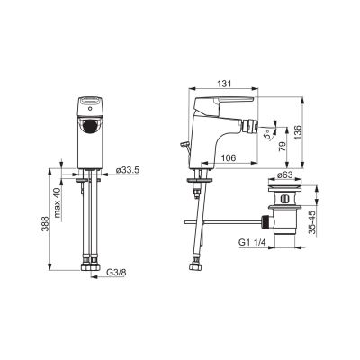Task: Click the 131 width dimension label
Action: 224,84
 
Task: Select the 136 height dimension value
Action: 296,132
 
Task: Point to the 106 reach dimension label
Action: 229,157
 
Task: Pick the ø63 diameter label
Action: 284,175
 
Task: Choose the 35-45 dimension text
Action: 312,222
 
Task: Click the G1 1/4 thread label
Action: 253,242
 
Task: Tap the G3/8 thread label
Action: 116,273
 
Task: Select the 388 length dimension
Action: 45,224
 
